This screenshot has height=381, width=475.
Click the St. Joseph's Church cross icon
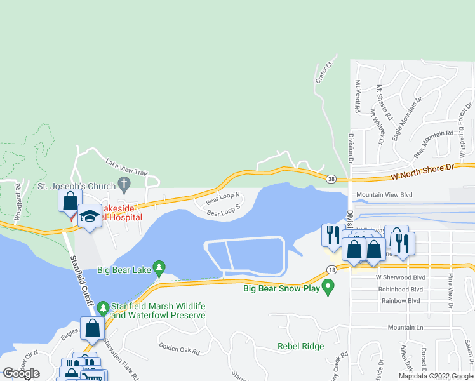124,186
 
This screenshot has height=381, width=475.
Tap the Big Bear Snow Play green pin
328,289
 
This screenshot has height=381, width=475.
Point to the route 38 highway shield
332,179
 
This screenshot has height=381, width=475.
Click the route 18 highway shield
332,270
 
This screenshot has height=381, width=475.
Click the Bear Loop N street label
222,199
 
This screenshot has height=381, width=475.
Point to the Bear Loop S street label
224,210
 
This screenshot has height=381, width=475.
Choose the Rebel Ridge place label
300,346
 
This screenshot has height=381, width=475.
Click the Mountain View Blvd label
385,195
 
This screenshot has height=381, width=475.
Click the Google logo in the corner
21,373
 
